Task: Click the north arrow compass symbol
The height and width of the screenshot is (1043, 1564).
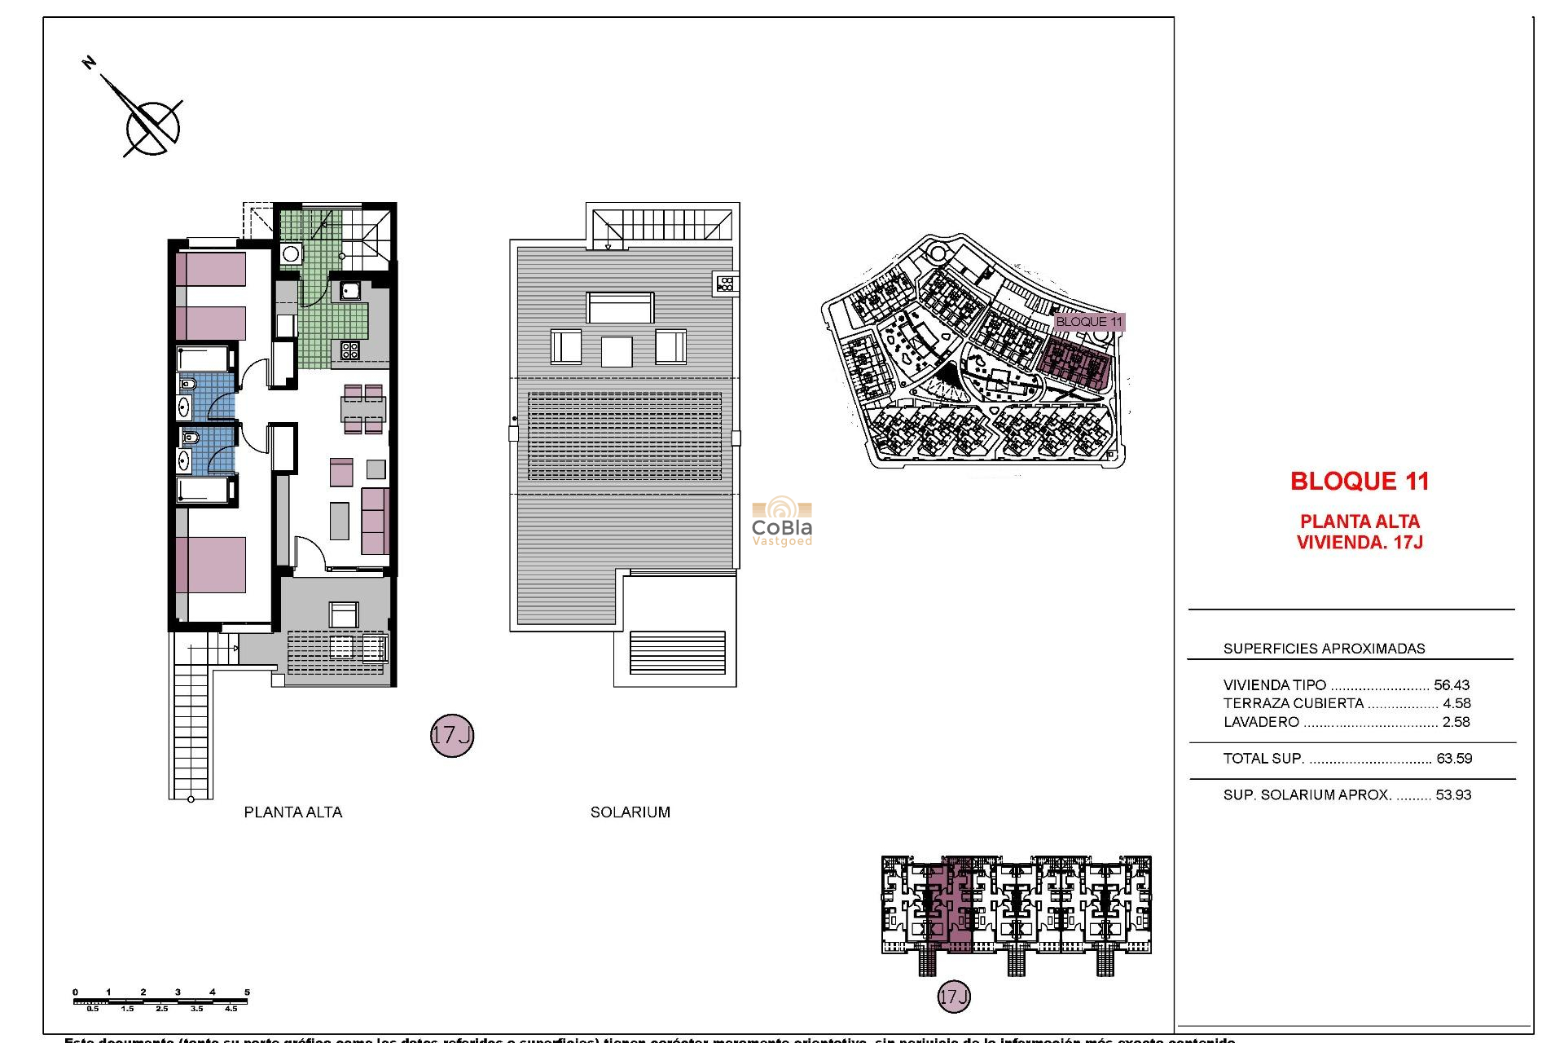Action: point(152,127)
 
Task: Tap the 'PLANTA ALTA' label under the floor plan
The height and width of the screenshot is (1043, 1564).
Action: point(293,812)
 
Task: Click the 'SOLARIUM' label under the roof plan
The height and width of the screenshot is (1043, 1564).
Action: point(630,812)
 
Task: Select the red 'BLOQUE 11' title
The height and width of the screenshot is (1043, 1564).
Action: point(1360,482)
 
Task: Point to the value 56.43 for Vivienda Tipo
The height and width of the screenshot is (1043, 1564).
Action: point(1452,685)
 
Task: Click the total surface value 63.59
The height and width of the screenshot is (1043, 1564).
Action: point(1454,759)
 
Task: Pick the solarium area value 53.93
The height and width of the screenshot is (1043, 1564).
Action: point(1453,795)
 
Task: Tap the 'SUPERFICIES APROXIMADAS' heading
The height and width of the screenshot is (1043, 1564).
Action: point(1324,649)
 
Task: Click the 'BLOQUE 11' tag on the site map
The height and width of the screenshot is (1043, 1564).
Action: point(1089,322)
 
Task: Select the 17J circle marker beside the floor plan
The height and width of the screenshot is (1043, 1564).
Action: point(451,735)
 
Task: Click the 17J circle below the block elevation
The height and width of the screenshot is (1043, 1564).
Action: point(954,997)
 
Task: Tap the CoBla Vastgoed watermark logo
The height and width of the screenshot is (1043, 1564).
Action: point(782,521)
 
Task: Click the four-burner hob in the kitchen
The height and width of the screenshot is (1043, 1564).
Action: point(350,350)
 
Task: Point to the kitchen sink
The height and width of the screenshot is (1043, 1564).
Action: point(350,290)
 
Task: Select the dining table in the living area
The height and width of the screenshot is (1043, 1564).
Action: point(363,409)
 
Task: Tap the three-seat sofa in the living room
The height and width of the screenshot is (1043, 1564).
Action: point(375,521)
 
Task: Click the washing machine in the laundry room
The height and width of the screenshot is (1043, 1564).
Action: point(291,254)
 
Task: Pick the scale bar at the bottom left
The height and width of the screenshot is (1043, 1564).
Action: point(160,1001)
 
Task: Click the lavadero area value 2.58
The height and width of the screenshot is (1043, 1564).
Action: point(1456,722)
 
